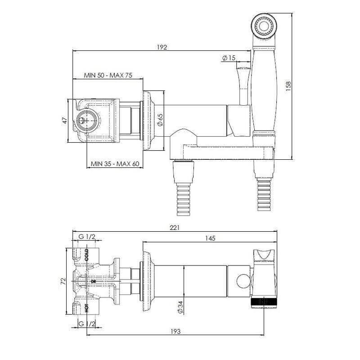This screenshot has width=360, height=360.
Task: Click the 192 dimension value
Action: (162, 47)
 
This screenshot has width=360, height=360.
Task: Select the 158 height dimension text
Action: (288, 86)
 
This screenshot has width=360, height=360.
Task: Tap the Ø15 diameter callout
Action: (229, 58)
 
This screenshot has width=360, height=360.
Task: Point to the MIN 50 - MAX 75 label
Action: (108, 75)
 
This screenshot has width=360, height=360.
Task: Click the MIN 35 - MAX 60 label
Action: (115, 164)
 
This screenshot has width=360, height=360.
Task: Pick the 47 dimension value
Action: (65, 120)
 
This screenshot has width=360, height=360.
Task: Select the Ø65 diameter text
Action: (160, 120)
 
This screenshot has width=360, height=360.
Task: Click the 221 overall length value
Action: (175, 228)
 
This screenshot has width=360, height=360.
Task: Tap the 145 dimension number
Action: (210, 238)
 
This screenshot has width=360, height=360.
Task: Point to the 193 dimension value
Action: (175, 332)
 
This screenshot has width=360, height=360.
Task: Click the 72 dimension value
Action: (63, 281)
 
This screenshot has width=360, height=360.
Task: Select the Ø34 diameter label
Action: (180, 307)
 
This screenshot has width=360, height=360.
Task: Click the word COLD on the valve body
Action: (86, 255)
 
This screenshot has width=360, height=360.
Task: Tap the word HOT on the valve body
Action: (86, 308)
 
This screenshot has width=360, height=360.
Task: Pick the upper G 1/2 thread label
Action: (87, 237)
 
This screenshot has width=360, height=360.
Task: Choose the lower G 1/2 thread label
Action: (87, 324)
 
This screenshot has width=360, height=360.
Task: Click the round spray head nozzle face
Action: (264, 25)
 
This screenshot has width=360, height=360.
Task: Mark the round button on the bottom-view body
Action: (243, 281)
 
